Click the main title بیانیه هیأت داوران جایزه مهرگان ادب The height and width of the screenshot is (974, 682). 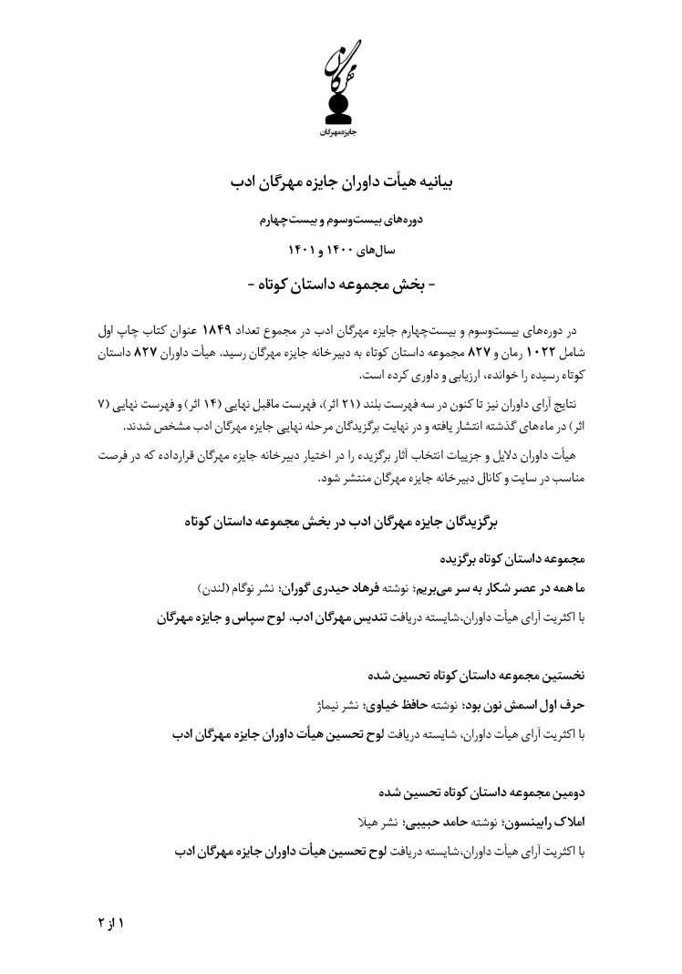click(x=341, y=182)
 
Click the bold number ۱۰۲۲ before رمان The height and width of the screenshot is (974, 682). click(x=541, y=352)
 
